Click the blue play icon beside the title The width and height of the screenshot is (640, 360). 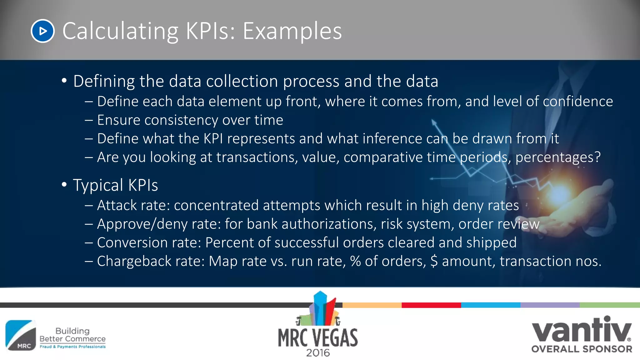[43, 31]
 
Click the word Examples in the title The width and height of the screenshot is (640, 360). [292, 31]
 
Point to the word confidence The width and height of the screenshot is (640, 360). [578, 101]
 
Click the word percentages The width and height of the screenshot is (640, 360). [558, 157]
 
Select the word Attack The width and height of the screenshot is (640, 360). [117, 205]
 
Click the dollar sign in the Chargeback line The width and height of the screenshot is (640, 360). [434, 261]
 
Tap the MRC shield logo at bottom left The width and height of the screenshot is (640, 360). [21, 335]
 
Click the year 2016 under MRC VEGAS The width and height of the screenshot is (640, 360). [318, 353]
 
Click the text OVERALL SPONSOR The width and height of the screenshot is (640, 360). [582, 349]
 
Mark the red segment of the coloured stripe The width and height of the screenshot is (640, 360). [431, 305]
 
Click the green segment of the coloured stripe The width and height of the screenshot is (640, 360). [609, 305]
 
